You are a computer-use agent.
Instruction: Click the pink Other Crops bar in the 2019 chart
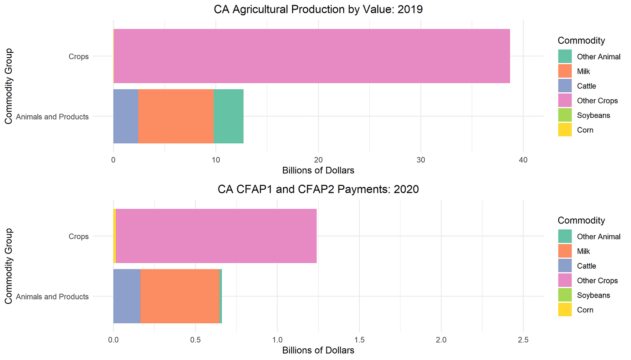pos(312,56)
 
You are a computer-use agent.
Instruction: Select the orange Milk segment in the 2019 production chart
pos(176,116)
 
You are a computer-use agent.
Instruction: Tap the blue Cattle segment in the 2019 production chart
pos(126,116)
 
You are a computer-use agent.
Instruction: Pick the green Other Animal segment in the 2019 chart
pos(228,116)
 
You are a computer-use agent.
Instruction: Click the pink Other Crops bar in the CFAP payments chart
pos(216,236)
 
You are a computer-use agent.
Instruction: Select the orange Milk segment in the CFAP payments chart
pos(179,296)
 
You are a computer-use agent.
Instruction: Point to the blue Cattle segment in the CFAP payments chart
pos(127,296)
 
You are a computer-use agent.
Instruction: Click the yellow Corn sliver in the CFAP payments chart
pos(115,236)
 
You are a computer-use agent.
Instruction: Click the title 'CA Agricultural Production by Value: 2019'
pos(318,9)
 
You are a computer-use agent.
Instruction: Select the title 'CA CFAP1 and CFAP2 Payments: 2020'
pos(318,189)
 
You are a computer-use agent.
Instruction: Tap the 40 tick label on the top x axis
pos(523,159)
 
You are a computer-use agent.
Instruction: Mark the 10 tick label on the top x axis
pos(215,159)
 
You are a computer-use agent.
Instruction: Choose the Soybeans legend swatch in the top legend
pos(565,115)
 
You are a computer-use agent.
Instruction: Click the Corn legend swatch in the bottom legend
pos(565,310)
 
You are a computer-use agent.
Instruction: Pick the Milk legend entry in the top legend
pos(583,71)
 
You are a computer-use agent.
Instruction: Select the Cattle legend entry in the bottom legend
pos(586,266)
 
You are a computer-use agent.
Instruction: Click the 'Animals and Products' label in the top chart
pos(52,117)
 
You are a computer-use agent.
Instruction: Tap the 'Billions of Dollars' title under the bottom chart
pos(318,350)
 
